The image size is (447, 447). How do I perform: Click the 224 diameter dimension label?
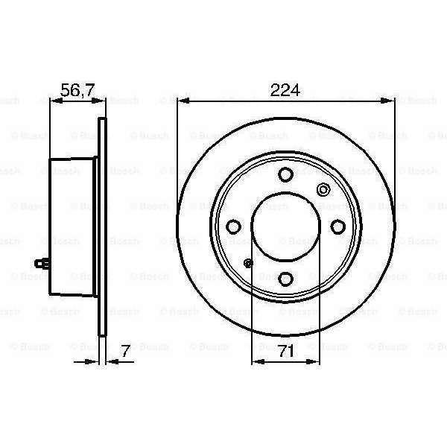[285, 90]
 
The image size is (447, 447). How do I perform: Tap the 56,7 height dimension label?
[77, 90]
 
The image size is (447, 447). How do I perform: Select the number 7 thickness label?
[125, 351]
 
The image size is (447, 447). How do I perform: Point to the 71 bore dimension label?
[286, 351]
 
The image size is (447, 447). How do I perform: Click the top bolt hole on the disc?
[285, 174]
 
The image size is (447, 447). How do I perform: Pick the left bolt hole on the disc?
[233, 226]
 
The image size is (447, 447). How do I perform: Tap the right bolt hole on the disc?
[337, 226]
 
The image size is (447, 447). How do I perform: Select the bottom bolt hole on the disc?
[285, 279]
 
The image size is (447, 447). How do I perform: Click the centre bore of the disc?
[286, 226]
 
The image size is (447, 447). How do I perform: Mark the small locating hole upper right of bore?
[323, 189]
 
